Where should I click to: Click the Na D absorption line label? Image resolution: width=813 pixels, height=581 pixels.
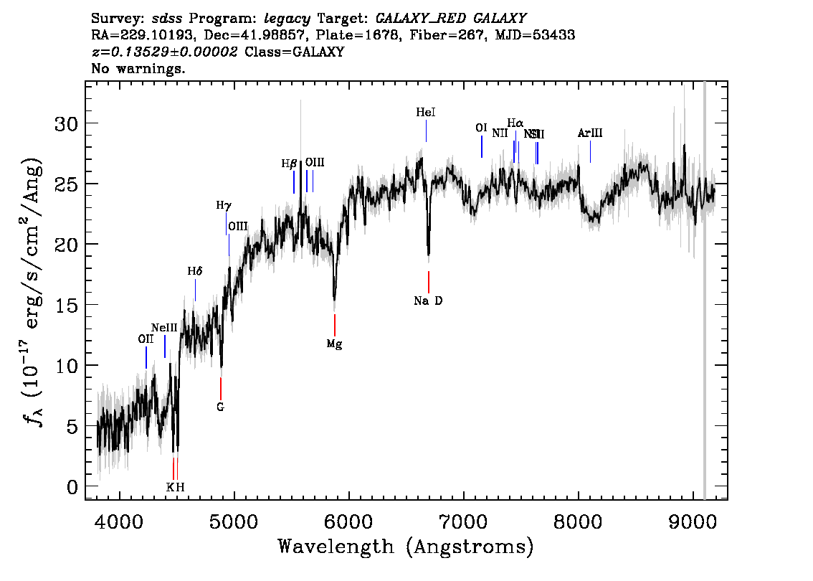[428, 301]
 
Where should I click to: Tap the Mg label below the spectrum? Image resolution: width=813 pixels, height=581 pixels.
[334, 344]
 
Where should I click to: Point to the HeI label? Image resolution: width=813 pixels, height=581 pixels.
[426, 113]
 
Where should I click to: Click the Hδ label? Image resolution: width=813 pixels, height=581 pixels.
[195, 271]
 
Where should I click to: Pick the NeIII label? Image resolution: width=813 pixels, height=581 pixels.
[164, 327]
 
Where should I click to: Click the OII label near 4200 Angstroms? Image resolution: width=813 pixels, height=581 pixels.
[146, 339]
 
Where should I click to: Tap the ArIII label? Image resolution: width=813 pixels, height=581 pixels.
[590, 133]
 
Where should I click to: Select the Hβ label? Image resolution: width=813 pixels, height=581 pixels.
[289, 164]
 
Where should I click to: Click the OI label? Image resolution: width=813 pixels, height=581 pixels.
[481, 128]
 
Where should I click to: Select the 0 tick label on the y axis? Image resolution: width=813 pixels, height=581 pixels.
[72, 487]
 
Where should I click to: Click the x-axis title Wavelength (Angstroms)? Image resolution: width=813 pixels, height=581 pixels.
[406, 547]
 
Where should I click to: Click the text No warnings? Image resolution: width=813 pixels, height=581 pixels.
[138, 70]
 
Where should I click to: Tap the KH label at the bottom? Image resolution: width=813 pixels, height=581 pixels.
[176, 487]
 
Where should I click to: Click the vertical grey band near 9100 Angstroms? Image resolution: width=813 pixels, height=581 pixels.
[704, 287]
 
